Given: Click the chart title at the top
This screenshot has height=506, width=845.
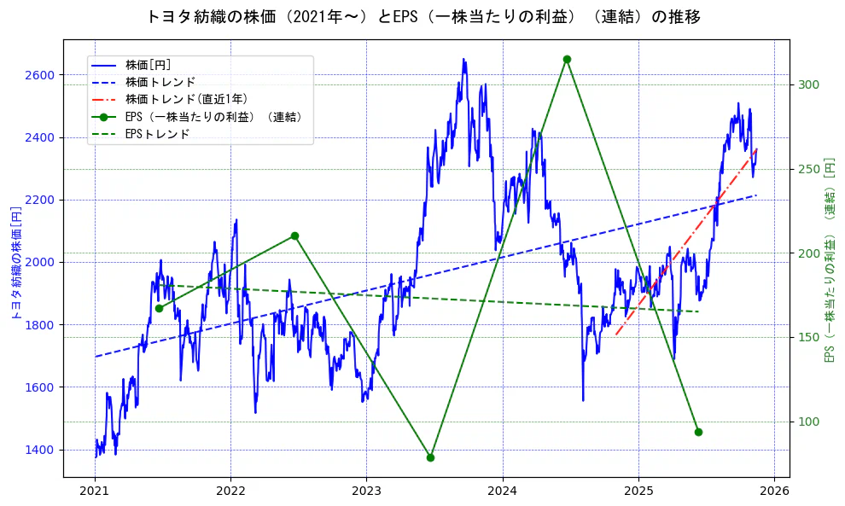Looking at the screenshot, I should [x=422, y=17].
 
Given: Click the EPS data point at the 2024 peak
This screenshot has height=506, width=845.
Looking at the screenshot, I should [x=567, y=59].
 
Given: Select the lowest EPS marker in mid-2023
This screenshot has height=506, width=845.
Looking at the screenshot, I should [x=430, y=457].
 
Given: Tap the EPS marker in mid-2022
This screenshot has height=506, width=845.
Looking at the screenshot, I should [x=294, y=236].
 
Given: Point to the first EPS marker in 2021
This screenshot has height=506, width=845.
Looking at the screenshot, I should [x=159, y=308].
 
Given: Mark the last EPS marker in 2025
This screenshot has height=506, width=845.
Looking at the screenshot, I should [x=698, y=432].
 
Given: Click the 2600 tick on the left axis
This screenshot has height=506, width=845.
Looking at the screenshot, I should [x=39, y=75].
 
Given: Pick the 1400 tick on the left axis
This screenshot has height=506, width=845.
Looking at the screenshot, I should [x=39, y=450].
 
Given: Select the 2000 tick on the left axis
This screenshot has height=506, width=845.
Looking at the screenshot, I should [x=39, y=262].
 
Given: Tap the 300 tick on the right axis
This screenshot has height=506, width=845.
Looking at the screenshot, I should [x=808, y=84].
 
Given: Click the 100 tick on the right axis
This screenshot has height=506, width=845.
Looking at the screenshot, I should [x=808, y=422].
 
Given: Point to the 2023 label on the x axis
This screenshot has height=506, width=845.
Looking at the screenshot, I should [x=366, y=491].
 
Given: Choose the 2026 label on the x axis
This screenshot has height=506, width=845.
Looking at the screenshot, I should [x=774, y=491].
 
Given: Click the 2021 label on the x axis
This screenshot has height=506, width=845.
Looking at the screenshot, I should [x=95, y=491].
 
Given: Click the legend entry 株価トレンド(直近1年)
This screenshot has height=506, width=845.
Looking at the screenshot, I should [x=186, y=99].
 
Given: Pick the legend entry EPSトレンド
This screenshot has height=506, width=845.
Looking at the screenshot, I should [x=157, y=134].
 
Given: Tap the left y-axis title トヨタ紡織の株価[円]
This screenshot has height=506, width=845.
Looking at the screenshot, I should [x=15, y=262].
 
